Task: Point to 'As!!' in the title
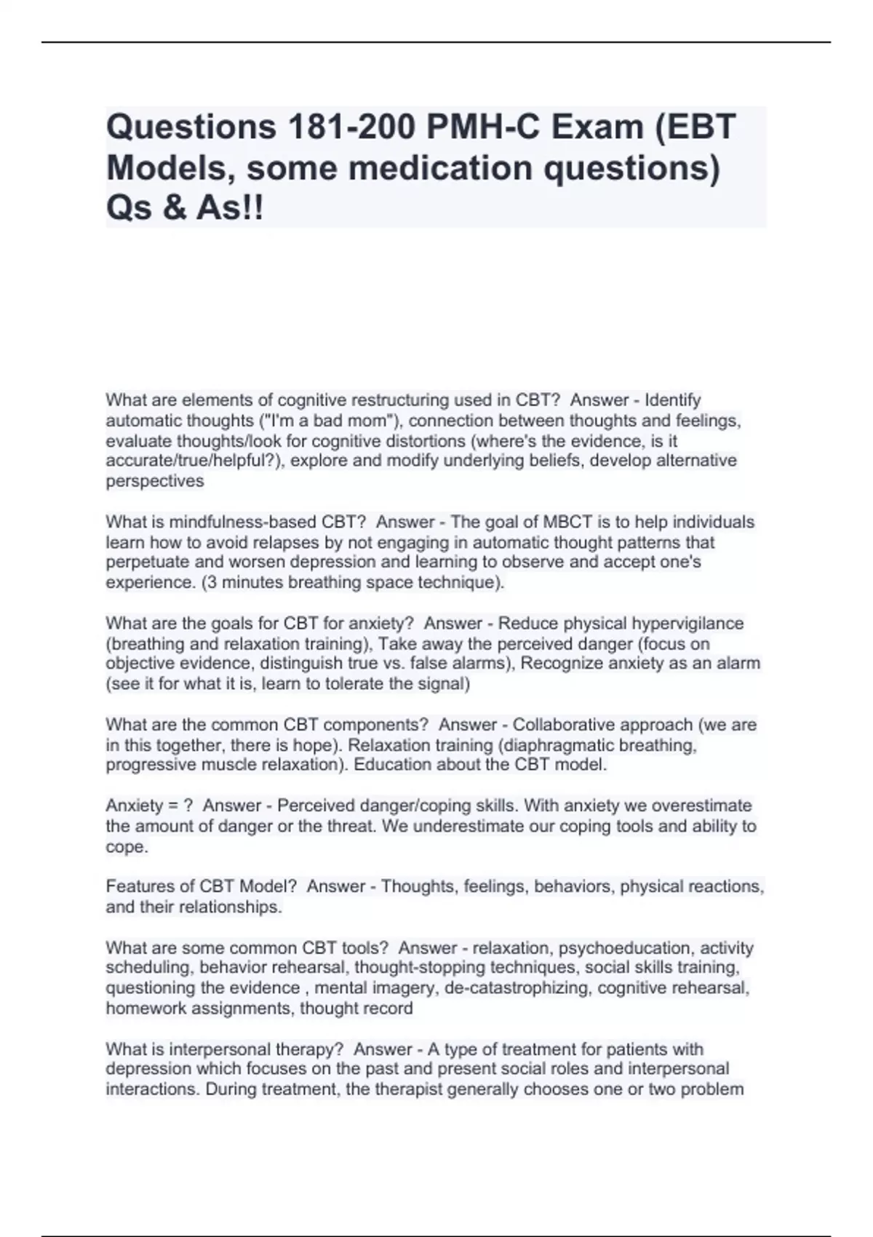click(x=230, y=209)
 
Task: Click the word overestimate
click(x=701, y=806)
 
